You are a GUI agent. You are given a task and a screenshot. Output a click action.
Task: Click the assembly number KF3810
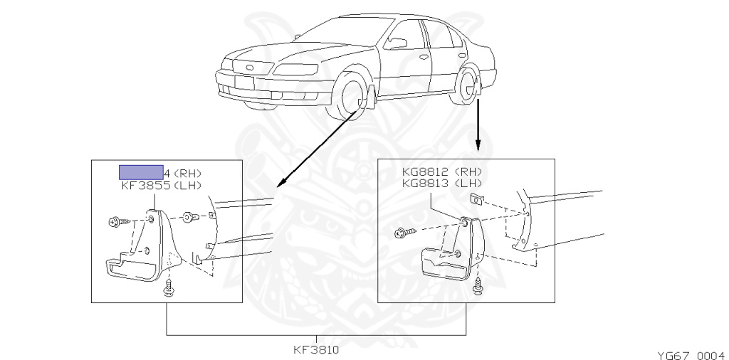(x=315, y=350)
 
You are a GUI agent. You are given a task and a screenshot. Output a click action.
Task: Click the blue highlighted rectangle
(x=140, y=172)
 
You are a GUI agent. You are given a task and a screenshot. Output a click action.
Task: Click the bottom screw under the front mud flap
(x=169, y=288)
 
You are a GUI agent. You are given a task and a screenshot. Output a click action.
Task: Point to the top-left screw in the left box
(x=115, y=222)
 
